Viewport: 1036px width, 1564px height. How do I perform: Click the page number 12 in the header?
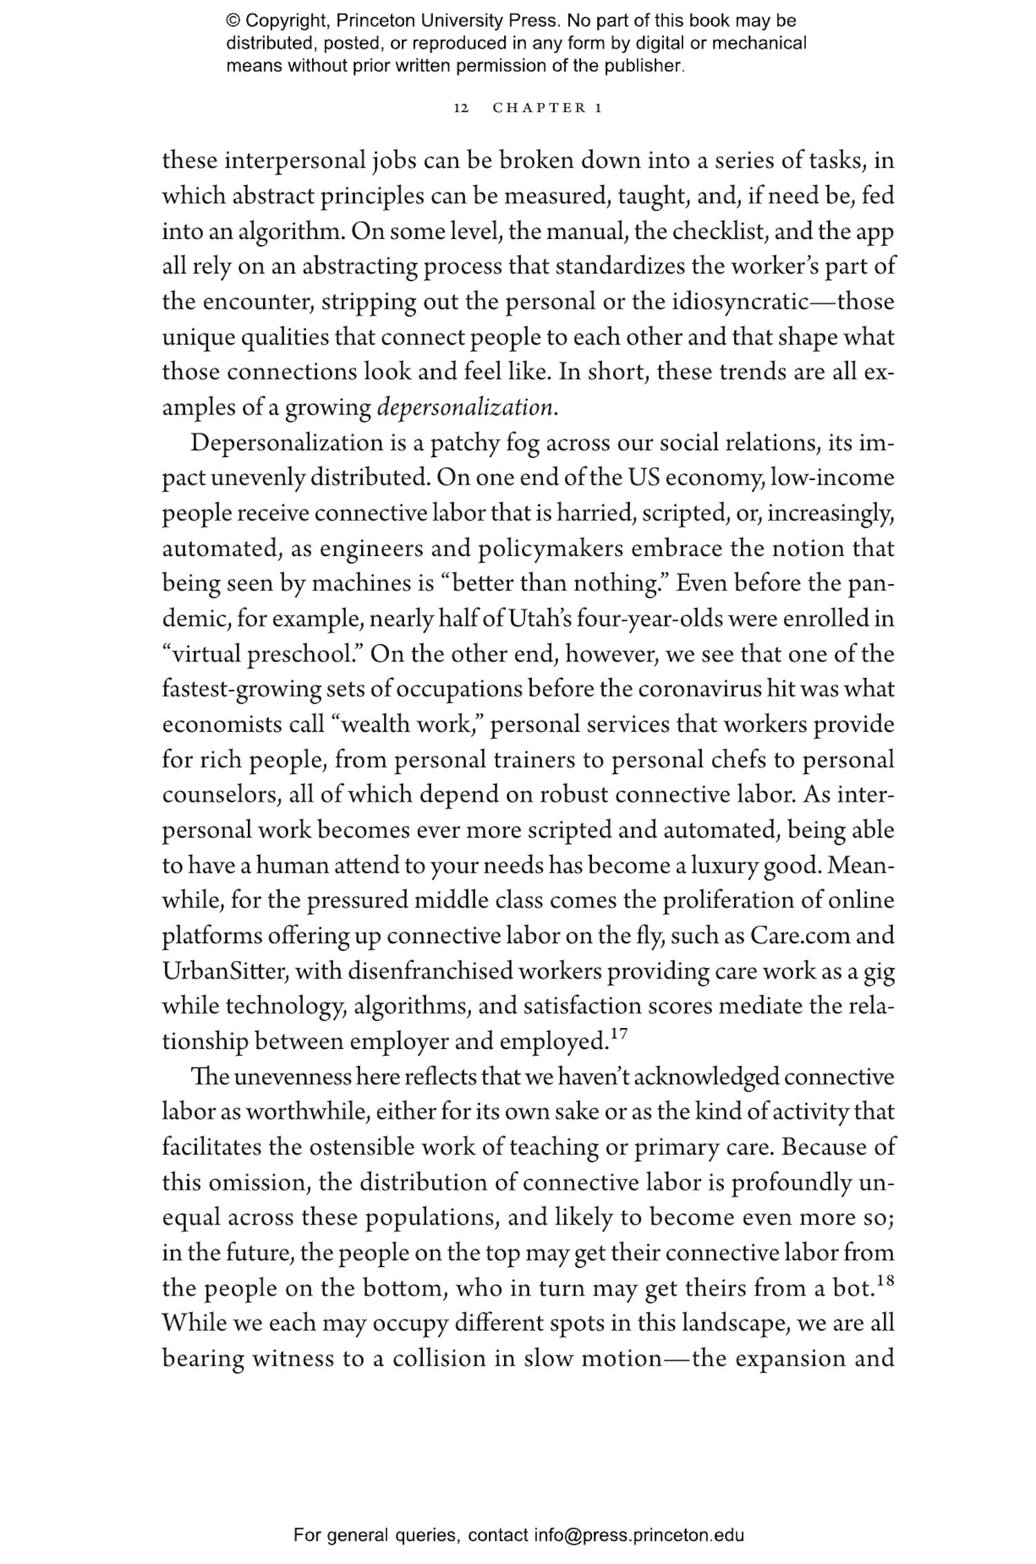tap(461, 108)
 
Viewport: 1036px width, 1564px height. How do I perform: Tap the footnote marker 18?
tap(885, 1281)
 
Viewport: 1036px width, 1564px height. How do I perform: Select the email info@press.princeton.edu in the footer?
tap(638, 1536)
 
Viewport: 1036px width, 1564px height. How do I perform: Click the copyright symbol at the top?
tap(231, 21)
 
